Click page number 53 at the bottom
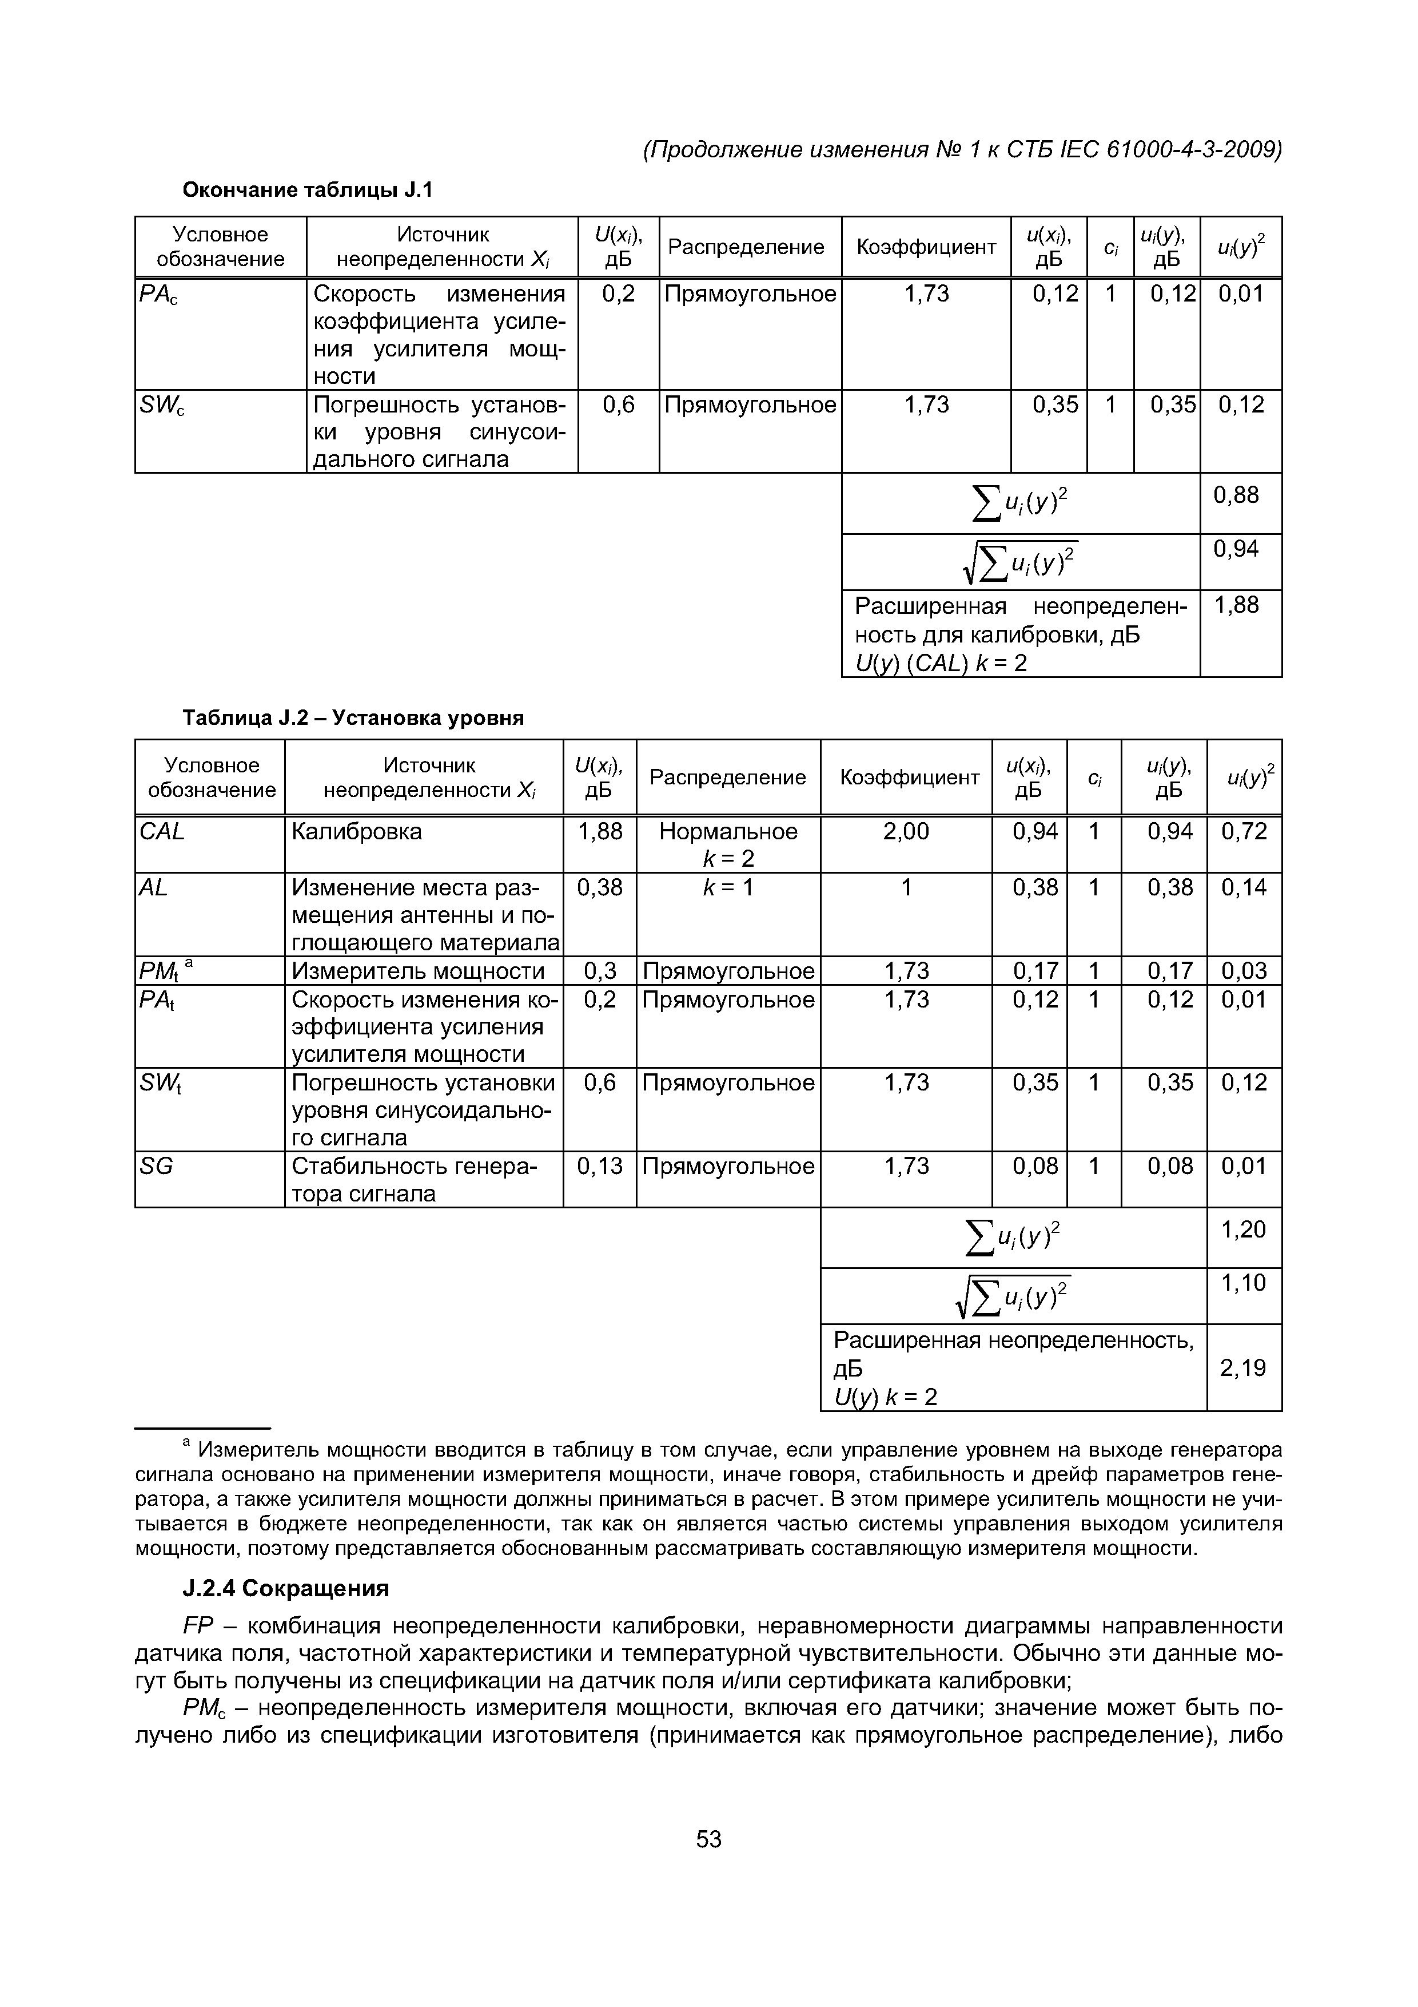pos(708,1840)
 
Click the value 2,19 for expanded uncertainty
pos(1243,1367)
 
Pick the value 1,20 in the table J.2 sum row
pos(1243,1229)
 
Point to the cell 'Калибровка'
pos(356,831)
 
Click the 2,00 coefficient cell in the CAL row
pos(906,831)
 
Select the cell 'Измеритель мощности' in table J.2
pos(417,970)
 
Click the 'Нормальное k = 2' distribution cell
pos(728,844)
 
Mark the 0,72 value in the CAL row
pos(1243,831)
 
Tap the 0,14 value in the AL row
pos(1243,887)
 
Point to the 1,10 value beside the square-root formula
pos(1243,1282)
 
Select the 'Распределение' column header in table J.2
pos(728,777)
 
